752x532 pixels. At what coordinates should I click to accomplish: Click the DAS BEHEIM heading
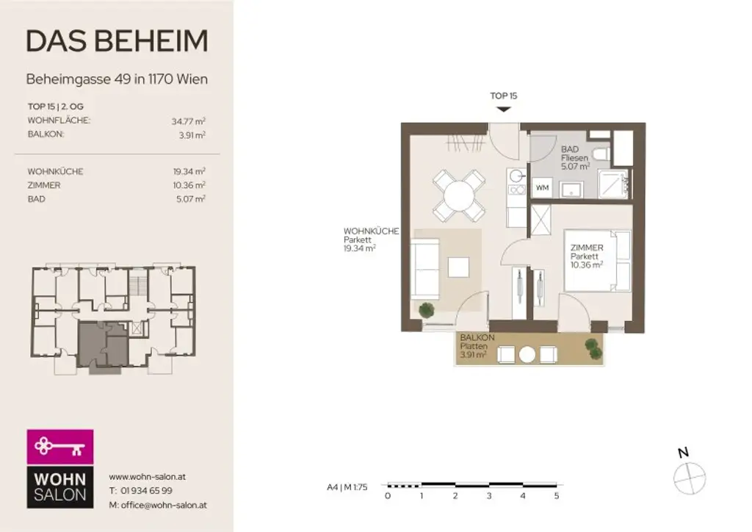click(117, 41)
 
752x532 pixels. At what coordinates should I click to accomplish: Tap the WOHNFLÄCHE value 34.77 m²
click(188, 121)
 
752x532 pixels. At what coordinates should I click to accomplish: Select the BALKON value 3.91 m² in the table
click(192, 135)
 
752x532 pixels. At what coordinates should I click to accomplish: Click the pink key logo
click(60, 446)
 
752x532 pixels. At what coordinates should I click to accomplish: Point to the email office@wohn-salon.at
click(157, 505)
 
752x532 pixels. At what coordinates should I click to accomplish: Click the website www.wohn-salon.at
click(147, 476)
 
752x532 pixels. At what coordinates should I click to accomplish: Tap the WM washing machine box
click(542, 188)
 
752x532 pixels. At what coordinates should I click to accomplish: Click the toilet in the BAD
click(601, 154)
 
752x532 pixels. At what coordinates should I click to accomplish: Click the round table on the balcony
click(527, 355)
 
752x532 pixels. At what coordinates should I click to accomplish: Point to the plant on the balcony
click(593, 349)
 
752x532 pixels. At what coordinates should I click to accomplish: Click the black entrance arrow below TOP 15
click(503, 109)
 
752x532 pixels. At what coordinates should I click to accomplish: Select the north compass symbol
click(689, 476)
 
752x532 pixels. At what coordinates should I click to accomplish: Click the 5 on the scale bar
click(556, 496)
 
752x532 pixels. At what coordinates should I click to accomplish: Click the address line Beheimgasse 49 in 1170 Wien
click(117, 79)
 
